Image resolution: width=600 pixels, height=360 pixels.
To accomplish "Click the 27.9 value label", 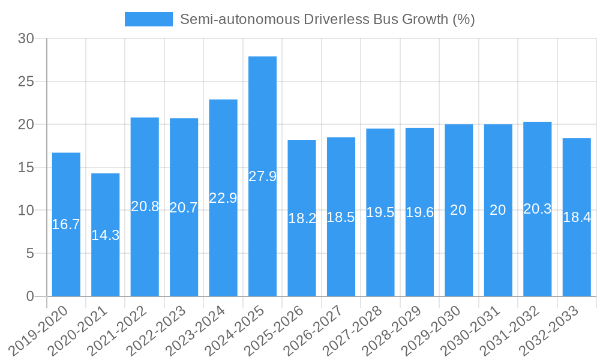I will click(x=262, y=176).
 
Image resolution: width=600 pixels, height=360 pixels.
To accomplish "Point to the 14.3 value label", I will click(x=105, y=235).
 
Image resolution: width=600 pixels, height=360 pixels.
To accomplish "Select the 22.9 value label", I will click(x=223, y=198).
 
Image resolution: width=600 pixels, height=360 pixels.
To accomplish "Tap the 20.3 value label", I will click(x=538, y=209).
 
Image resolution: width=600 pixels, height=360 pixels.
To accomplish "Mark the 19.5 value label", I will click(x=380, y=212).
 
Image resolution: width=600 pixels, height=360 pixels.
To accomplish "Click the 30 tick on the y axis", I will click(x=26, y=38).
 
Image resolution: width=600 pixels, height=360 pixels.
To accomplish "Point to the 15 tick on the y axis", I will click(x=26, y=167).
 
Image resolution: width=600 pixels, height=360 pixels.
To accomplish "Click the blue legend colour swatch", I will click(x=148, y=19).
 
